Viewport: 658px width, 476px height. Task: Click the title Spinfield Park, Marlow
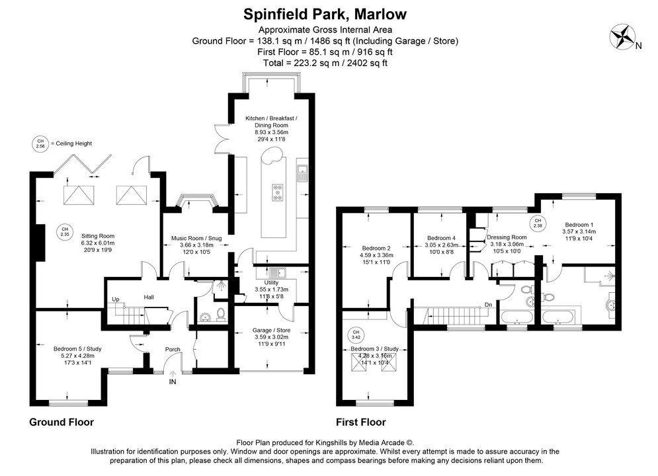tap(325, 13)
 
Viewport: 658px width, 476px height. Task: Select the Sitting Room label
tap(98, 235)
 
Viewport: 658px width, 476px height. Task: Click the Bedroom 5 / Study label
tap(77, 348)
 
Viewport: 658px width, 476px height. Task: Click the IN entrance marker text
tap(173, 381)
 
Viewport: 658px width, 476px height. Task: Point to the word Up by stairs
tap(116, 299)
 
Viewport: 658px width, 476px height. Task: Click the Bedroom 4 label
tap(441, 238)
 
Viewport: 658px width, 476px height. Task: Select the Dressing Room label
tap(507, 237)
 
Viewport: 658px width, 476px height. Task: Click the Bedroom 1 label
tap(578, 225)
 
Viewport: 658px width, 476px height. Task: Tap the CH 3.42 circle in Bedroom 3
tap(356, 334)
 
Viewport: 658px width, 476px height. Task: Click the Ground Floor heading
tap(62, 422)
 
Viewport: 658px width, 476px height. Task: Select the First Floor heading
tap(360, 422)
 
